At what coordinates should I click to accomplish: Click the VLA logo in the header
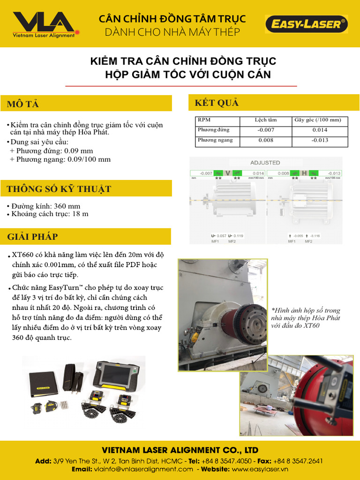point(43,24)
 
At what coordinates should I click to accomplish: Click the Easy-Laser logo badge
point(307,24)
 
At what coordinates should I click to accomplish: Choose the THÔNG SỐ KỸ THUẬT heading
point(59,189)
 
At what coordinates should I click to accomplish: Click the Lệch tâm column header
point(265,120)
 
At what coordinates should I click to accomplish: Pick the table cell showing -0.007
point(265,130)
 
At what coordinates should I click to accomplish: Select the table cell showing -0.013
point(320,140)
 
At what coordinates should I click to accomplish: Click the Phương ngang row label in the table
point(215,140)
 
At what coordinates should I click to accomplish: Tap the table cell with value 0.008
point(265,140)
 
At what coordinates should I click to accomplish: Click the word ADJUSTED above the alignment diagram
point(265,163)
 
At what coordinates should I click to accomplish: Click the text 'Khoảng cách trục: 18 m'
point(50,214)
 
